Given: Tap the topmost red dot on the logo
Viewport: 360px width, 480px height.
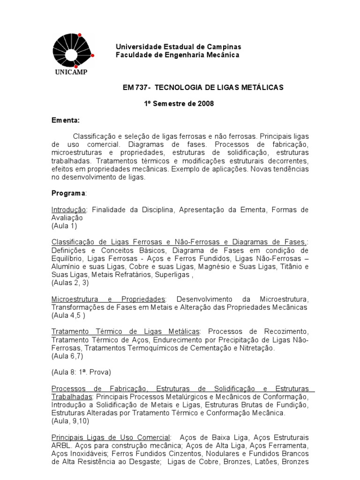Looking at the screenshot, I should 80,35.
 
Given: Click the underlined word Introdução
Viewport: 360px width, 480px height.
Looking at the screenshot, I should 68,210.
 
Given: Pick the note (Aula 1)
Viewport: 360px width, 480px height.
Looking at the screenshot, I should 64,225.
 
